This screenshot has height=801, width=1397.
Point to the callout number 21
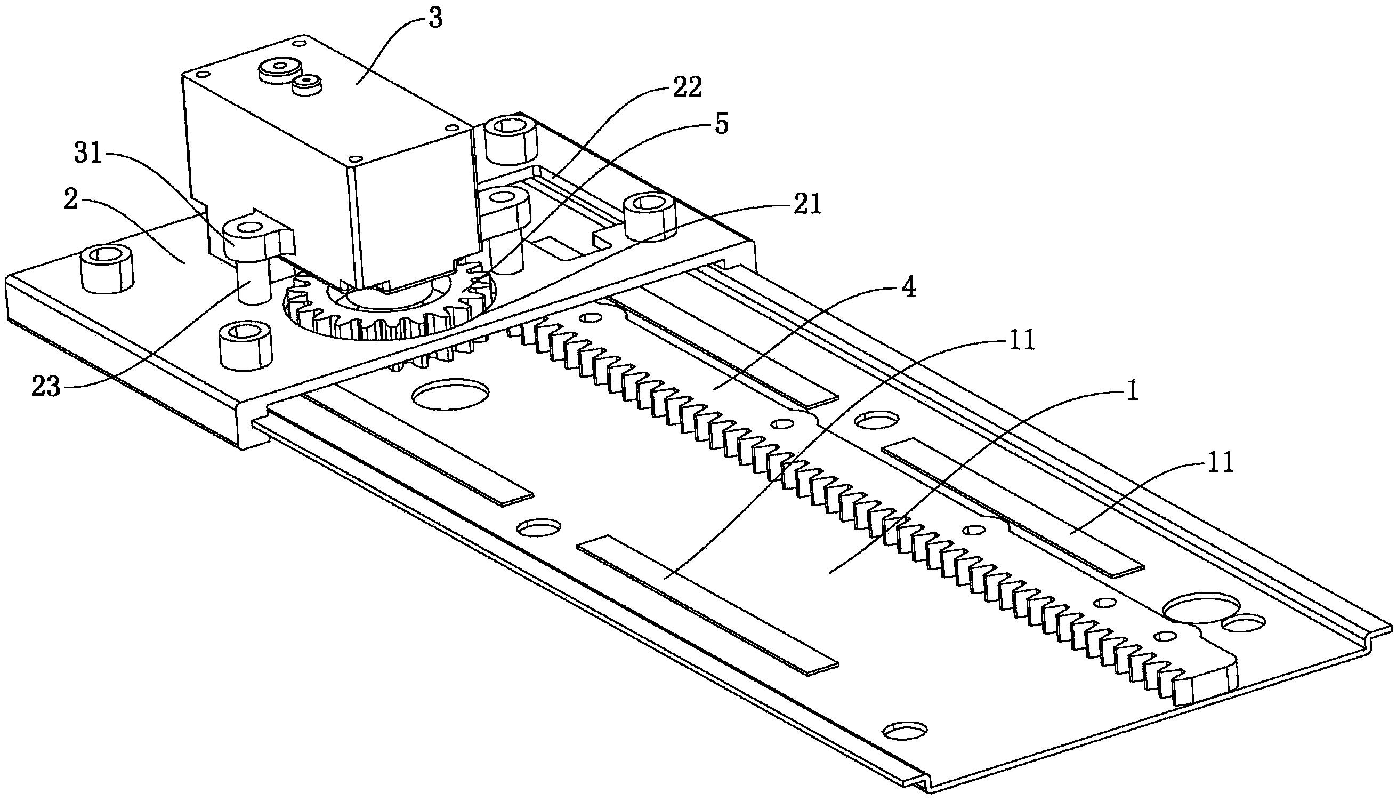pos(806,205)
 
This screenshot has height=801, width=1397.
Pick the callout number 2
pos(71,201)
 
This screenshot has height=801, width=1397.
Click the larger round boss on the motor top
pos(280,70)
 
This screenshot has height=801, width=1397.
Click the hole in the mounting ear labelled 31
pos(248,227)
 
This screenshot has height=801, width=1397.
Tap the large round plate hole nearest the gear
pos(450,394)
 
